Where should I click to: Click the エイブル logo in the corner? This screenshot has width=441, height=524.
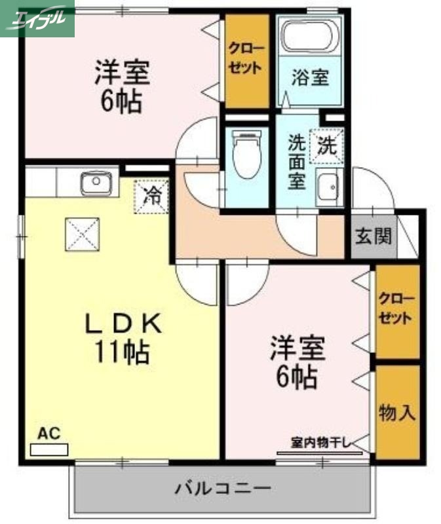coord(37,18)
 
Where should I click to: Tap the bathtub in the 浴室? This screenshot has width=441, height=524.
coord(309,38)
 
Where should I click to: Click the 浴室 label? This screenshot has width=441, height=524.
coord(309,78)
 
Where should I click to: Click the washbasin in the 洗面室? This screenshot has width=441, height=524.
coord(327,188)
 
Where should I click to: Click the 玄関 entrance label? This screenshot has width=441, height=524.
coord(374,236)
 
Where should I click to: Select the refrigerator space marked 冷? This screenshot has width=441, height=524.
coord(152,196)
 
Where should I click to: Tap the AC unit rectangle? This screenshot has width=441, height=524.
coord(49,449)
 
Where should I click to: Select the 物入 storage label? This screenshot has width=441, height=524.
coord(397,413)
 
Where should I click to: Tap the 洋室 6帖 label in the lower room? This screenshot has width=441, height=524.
coord(297,362)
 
